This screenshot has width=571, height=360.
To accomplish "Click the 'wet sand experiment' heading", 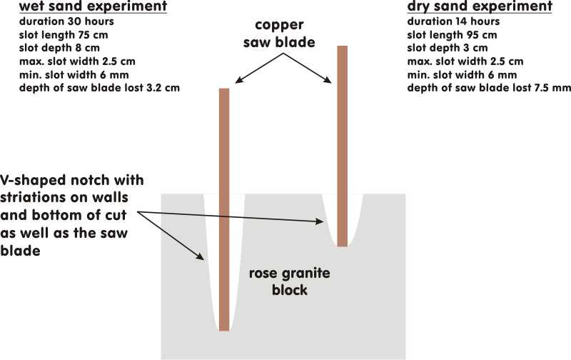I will point(94,8).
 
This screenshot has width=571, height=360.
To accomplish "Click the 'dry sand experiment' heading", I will point(479,8).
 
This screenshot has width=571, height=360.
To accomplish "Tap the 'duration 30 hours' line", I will point(64,21).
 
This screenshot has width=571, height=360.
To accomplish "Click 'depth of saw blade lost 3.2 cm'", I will point(99,88).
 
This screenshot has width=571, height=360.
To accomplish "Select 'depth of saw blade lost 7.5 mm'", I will point(489,88).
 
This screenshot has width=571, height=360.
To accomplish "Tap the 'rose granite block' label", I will point(284,281).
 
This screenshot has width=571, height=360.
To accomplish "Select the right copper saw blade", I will point(342,143).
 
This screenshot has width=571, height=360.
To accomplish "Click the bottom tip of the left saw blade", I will point(224,329).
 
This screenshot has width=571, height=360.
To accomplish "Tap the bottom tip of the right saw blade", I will point(342,244).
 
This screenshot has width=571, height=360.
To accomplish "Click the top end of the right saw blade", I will point(342,48).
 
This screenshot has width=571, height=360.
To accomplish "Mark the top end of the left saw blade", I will point(224,90).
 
